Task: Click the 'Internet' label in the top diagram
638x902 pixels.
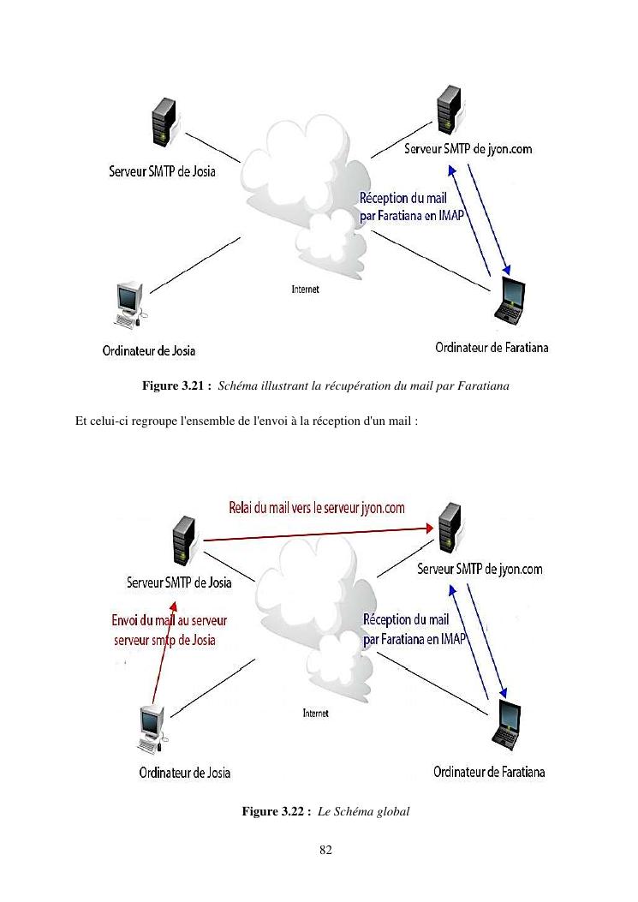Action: [306, 290]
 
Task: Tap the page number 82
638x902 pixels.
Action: [319, 849]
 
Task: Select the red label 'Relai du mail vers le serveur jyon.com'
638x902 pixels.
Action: [316, 507]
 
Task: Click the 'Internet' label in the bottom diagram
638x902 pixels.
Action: [316, 713]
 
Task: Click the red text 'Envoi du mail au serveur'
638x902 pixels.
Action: [170, 621]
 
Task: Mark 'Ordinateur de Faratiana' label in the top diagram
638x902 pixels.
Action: [492, 347]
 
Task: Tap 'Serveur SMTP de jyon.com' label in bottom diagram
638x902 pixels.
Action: [480, 569]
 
